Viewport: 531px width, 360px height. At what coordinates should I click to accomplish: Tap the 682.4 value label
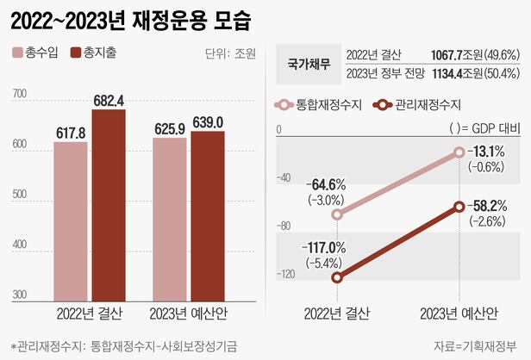click(109, 100)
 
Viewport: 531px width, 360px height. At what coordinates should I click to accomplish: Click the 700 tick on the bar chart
click(20, 94)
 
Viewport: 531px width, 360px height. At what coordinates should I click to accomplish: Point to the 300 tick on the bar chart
click(20, 295)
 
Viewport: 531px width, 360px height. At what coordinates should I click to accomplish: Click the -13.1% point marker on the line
click(459, 152)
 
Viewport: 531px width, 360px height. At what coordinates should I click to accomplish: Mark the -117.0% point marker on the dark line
click(337, 277)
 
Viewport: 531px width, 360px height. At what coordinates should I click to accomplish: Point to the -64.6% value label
click(326, 184)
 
